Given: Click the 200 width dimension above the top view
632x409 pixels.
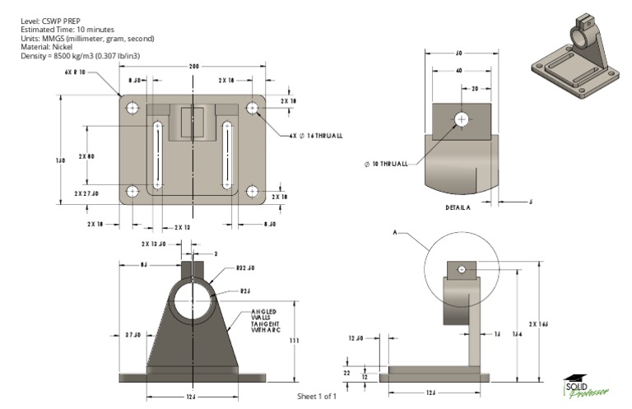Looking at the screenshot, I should tap(193, 66).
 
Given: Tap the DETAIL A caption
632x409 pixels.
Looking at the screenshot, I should tap(458, 207).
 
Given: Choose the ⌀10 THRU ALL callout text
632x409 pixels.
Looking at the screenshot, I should tap(385, 164).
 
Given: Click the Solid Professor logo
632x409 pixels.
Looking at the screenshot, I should tap(585, 385).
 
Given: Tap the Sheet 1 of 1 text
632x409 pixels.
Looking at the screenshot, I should tap(316, 397).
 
